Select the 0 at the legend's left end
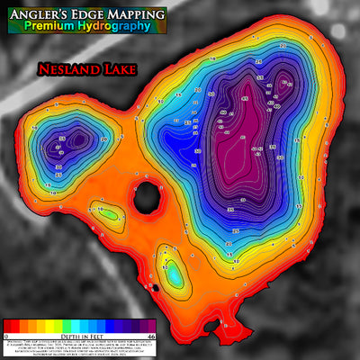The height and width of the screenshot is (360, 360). click(7, 334)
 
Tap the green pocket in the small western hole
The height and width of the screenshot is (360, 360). click(108, 215)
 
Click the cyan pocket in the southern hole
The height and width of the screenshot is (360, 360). click(171, 266)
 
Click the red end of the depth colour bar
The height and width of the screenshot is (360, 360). click(11, 325)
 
